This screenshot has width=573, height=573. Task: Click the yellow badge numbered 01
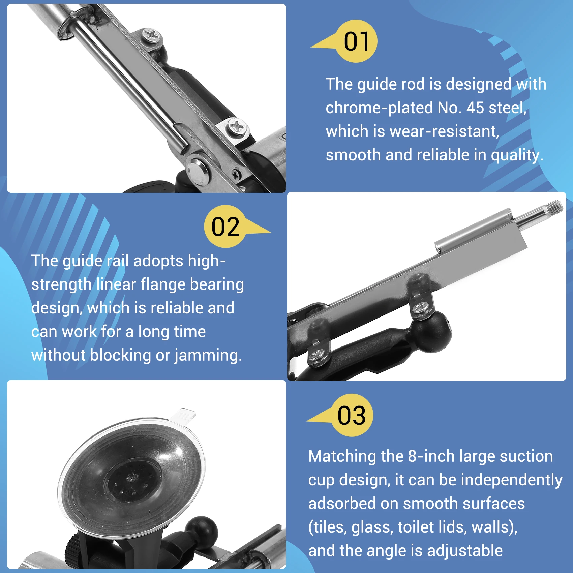tap(356, 41)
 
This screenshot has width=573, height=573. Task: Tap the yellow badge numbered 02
tap(225, 227)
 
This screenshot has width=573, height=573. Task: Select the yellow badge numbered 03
tap(352, 415)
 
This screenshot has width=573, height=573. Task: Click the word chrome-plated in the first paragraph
tap(379, 108)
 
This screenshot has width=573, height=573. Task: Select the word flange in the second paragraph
tap(163, 284)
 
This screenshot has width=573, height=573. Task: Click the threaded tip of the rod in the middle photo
tap(554, 206)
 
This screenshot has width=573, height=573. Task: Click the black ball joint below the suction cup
tap(201, 532)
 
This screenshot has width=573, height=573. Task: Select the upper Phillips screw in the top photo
tap(152, 35)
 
